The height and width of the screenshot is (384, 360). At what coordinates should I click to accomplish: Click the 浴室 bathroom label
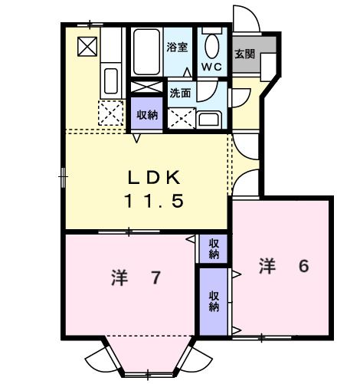click(x=178, y=47)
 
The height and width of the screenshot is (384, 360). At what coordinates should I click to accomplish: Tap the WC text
click(x=211, y=67)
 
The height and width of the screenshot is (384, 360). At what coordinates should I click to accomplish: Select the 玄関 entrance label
click(x=245, y=54)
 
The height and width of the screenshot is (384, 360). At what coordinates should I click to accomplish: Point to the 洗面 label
click(x=180, y=93)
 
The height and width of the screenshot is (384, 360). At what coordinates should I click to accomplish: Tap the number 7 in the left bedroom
click(x=155, y=277)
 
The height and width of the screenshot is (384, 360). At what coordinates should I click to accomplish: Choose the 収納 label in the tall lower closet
click(x=214, y=300)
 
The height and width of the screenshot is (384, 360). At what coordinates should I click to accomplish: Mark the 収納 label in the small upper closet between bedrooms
click(x=214, y=248)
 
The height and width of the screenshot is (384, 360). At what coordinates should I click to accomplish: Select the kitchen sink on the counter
click(x=110, y=80)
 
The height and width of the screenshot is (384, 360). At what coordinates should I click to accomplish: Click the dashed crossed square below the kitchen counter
click(x=110, y=114)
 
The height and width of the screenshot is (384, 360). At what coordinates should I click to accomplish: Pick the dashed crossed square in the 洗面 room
click(x=182, y=117)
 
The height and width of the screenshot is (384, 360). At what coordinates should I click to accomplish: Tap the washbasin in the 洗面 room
click(x=208, y=117)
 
